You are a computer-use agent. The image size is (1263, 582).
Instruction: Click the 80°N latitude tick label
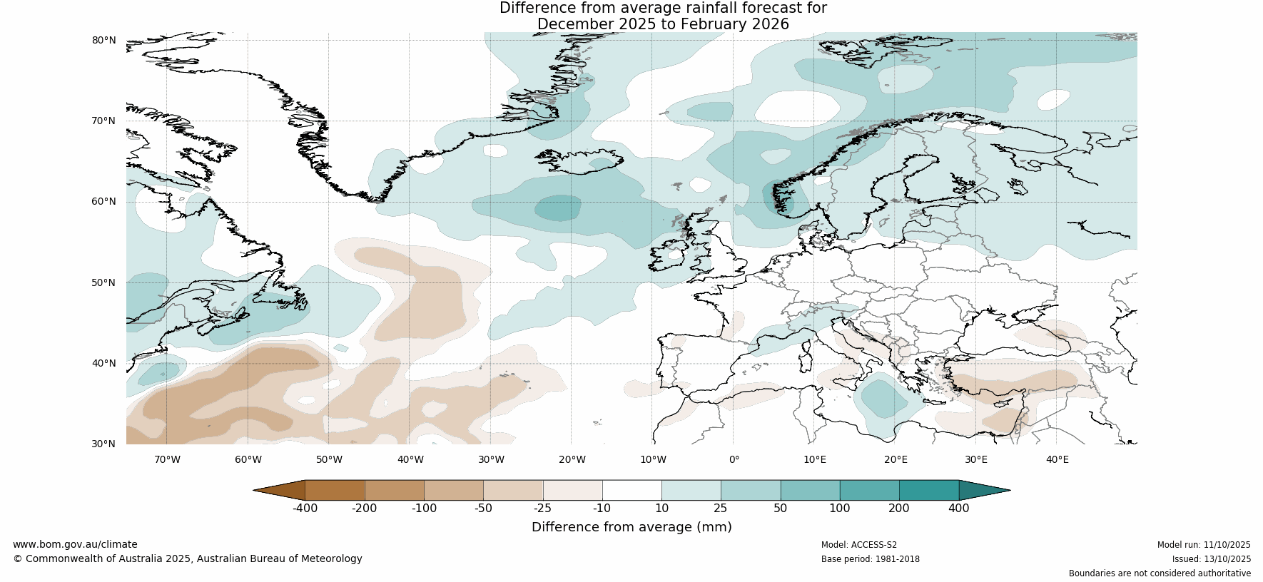coord(103,40)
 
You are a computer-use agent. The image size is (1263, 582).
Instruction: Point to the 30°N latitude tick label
coord(103,444)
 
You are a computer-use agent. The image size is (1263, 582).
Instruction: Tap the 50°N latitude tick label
coord(103,282)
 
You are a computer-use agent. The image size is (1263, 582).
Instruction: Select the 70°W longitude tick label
coord(167,459)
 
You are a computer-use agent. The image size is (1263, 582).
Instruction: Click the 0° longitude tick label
coord(734,459)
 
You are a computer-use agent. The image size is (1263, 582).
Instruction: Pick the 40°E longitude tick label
coord(1057,459)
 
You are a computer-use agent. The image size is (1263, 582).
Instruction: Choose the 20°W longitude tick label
coord(572,459)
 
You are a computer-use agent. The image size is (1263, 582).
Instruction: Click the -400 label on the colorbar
coord(305,509)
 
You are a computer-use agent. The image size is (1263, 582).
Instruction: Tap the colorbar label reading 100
coord(839,509)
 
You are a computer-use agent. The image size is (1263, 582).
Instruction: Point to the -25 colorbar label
coord(542,509)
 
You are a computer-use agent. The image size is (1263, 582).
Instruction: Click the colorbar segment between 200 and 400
coord(928,490)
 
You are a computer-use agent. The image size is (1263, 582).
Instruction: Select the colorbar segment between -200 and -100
coord(394,490)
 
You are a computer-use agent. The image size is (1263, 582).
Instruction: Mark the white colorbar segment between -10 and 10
coord(631,490)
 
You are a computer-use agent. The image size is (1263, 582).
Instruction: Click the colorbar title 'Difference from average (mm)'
coord(631,527)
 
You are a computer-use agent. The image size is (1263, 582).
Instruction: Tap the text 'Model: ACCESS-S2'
coord(858,545)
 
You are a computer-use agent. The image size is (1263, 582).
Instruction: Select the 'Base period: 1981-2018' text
coord(870,559)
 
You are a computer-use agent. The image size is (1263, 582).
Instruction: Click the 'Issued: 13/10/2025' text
coord(1211,559)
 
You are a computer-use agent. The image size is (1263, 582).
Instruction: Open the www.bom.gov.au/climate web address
coord(75,544)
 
